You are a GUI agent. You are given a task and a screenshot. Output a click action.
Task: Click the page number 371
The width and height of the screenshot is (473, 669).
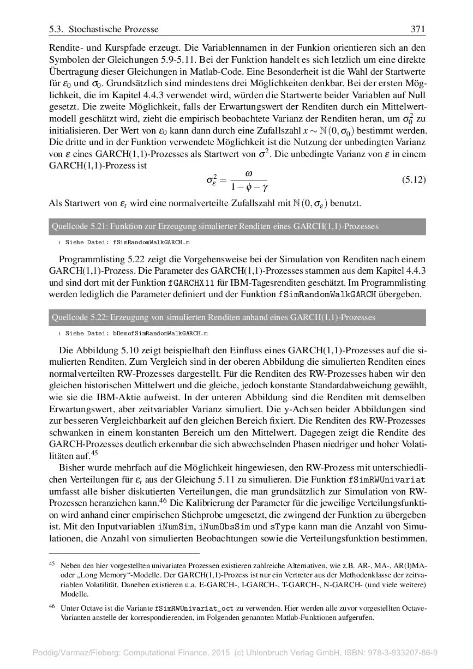click(417, 29)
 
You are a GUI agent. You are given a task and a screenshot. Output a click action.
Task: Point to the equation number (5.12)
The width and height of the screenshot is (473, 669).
click(413, 179)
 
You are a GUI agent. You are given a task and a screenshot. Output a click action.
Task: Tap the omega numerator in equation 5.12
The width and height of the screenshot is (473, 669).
click(249, 173)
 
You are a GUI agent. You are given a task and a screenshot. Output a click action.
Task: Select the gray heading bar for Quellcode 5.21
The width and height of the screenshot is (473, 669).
click(237, 226)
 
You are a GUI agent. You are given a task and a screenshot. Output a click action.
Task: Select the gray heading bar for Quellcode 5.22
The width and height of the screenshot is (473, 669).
click(237, 317)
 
